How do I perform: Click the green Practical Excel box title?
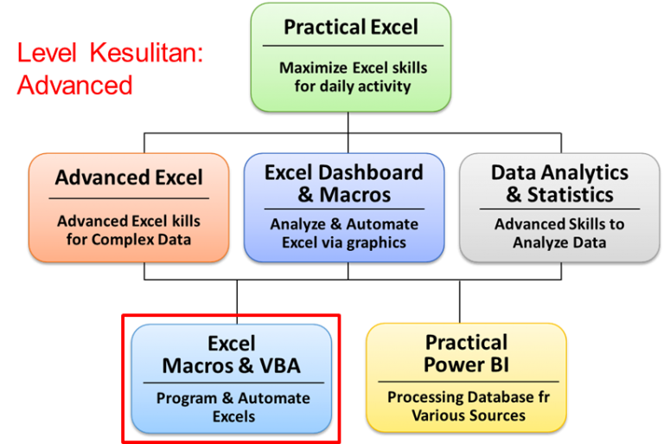click(x=350, y=27)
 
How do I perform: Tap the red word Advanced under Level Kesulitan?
click(x=74, y=85)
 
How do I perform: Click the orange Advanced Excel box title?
click(x=129, y=177)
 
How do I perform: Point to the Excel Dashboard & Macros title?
click(x=343, y=183)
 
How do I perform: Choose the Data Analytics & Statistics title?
click(x=559, y=183)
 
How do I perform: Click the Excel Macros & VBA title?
click(x=231, y=355)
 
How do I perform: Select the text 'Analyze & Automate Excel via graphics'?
click(x=343, y=234)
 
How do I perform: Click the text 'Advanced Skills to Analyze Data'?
click(x=559, y=234)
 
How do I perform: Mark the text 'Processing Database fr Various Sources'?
click(x=468, y=407)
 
